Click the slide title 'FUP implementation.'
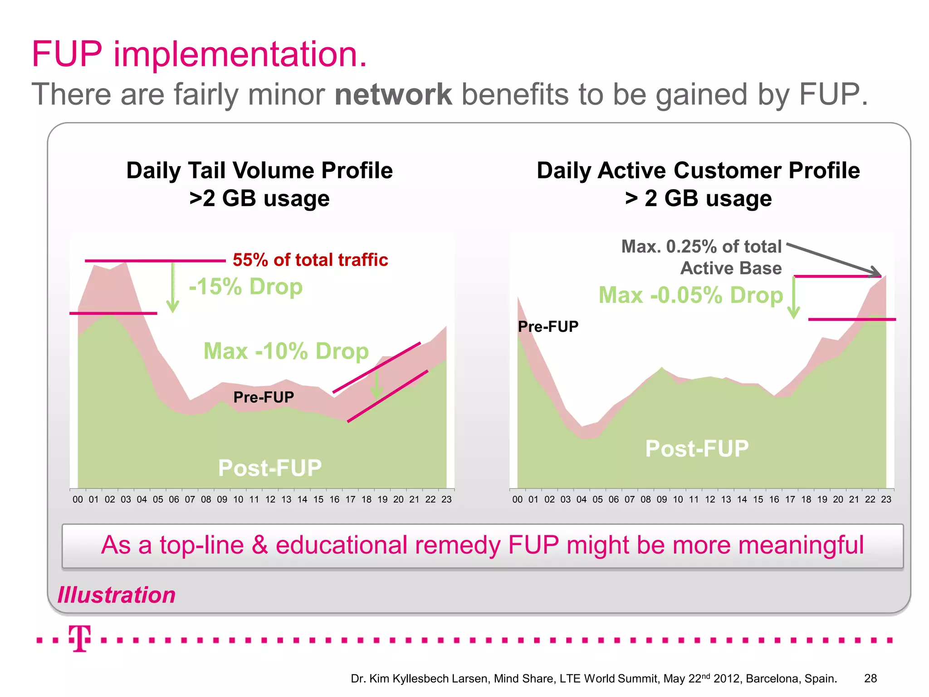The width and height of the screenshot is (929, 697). pyautogui.click(x=199, y=54)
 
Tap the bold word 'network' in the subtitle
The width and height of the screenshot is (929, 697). pyautogui.click(x=393, y=94)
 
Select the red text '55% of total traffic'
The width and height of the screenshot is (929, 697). pyautogui.click(x=310, y=260)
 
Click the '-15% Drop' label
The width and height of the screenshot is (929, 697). pyautogui.click(x=245, y=287)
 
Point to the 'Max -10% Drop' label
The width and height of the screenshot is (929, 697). pyautogui.click(x=286, y=351)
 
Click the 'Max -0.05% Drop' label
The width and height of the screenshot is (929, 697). pyautogui.click(x=690, y=295)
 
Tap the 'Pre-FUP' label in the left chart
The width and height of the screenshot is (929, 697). pyautogui.click(x=264, y=398)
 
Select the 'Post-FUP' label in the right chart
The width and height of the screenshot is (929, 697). pyautogui.click(x=697, y=449)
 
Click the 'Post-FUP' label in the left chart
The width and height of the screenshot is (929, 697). pyautogui.click(x=270, y=468)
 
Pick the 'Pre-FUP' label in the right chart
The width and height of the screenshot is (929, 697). pyautogui.click(x=548, y=327)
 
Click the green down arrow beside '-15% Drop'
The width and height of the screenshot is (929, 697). pyautogui.click(x=172, y=288)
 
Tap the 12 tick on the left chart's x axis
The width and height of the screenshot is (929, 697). pyautogui.click(x=270, y=500)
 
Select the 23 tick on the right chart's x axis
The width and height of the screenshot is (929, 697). pyautogui.click(x=886, y=500)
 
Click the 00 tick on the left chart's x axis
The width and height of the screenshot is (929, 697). pyautogui.click(x=78, y=500)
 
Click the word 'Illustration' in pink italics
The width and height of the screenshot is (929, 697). pyautogui.click(x=117, y=595)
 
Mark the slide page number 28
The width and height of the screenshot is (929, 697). pyautogui.click(x=870, y=678)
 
